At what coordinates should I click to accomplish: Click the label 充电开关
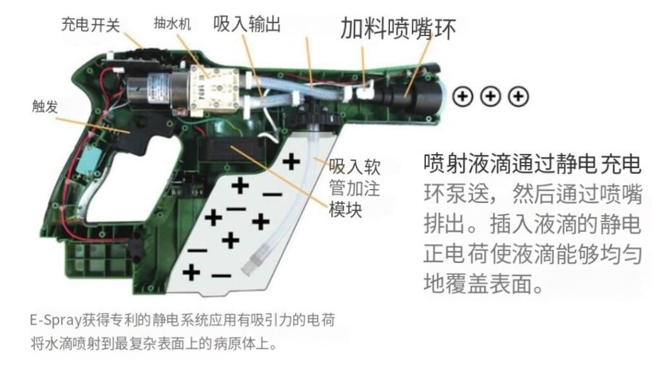[x=90, y=24]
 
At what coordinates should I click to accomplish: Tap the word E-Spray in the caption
[x=53, y=320]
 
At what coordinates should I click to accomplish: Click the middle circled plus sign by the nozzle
[x=491, y=97]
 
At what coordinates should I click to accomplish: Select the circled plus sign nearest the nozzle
[x=463, y=97]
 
